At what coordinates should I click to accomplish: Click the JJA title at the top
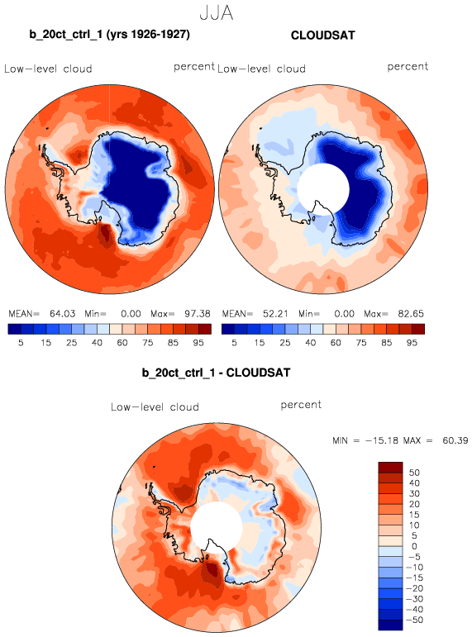coord(217,13)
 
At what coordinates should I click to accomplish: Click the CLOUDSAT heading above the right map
coord(323,36)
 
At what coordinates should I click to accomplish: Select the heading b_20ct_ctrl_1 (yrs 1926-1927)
coord(109,35)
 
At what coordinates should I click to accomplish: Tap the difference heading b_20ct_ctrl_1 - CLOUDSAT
coord(216,373)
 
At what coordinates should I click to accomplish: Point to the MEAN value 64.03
coord(62,314)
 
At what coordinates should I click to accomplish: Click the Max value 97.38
coord(198,314)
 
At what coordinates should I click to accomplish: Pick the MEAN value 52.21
coord(275,314)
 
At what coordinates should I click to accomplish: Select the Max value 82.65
coord(411,314)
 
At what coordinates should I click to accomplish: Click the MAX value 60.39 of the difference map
coord(455,440)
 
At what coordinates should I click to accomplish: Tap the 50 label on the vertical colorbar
coord(414,473)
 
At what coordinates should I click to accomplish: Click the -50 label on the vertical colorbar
coord(414,620)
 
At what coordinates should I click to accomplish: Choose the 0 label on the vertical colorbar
coord(414,546)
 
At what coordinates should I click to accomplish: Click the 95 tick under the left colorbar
coord(198,343)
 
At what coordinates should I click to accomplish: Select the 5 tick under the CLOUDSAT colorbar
coord(234,343)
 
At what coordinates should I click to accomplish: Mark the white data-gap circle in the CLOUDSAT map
coord(323,189)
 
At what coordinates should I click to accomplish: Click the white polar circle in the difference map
coord(217,528)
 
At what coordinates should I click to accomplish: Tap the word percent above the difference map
coord(301,405)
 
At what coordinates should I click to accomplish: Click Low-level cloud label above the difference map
coord(155,406)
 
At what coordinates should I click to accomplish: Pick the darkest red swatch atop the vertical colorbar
coord(390,467)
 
